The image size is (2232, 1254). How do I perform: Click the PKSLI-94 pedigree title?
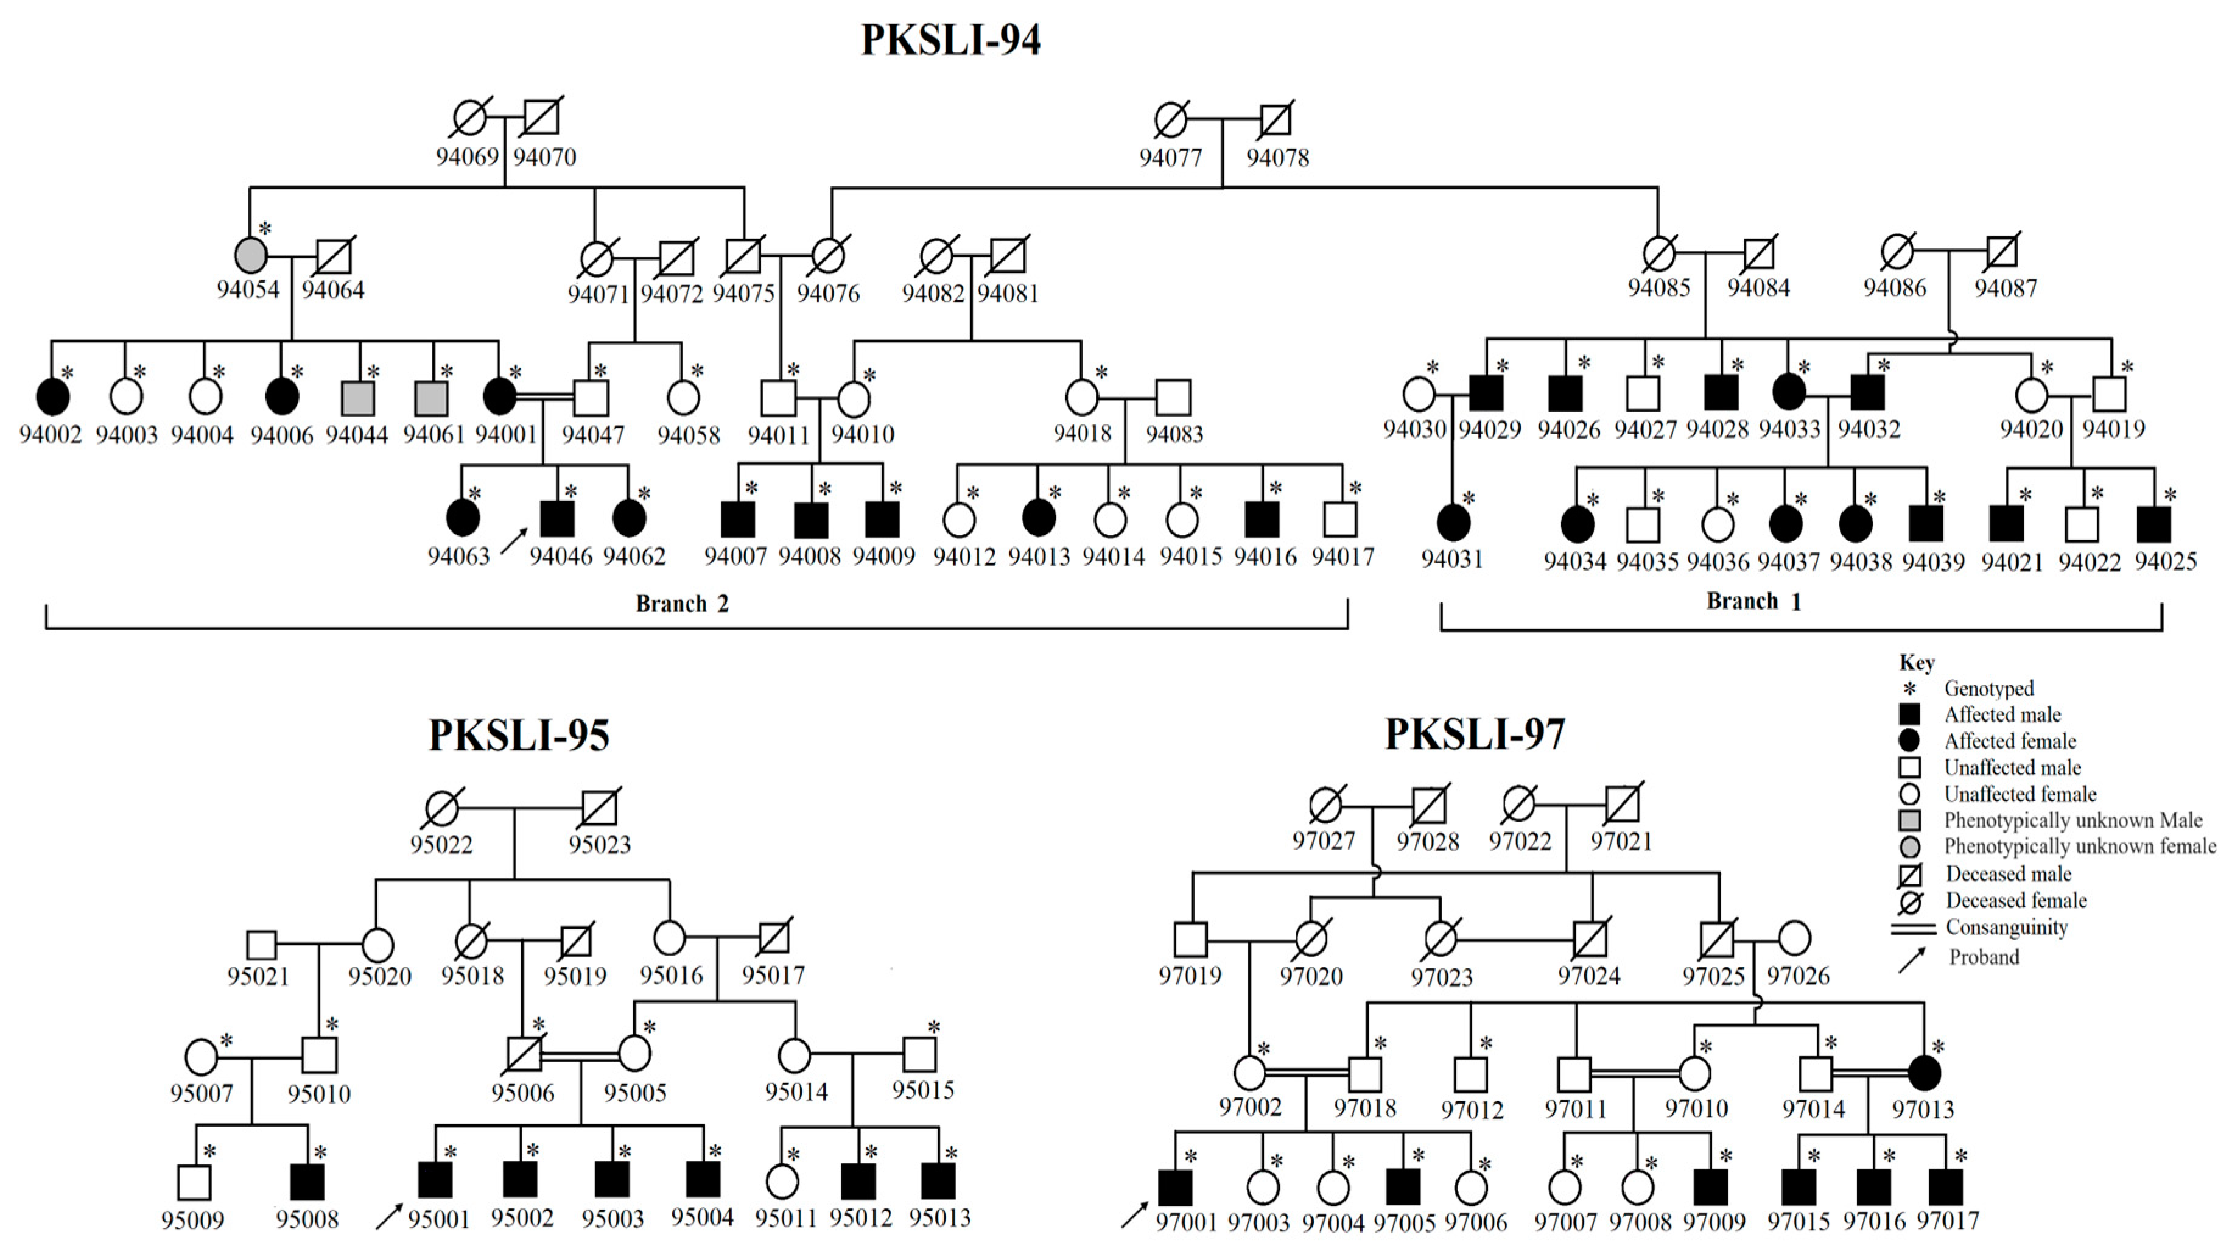[950, 40]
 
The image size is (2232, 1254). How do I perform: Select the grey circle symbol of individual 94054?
[250, 256]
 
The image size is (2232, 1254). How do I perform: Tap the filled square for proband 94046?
[556, 518]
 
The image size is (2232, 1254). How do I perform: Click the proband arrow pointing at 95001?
[389, 1216]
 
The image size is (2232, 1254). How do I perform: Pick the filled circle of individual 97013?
[1923, 1074]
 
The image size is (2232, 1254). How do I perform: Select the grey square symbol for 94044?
[358, 398]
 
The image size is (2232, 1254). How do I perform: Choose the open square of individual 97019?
[1190, 939]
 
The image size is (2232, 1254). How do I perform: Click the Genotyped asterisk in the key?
[1910, 690]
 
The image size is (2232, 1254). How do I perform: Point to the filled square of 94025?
[2153, 523]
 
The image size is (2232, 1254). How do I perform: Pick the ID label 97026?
[1798, 976]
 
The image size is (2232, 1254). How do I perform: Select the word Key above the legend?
[1917, 663]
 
